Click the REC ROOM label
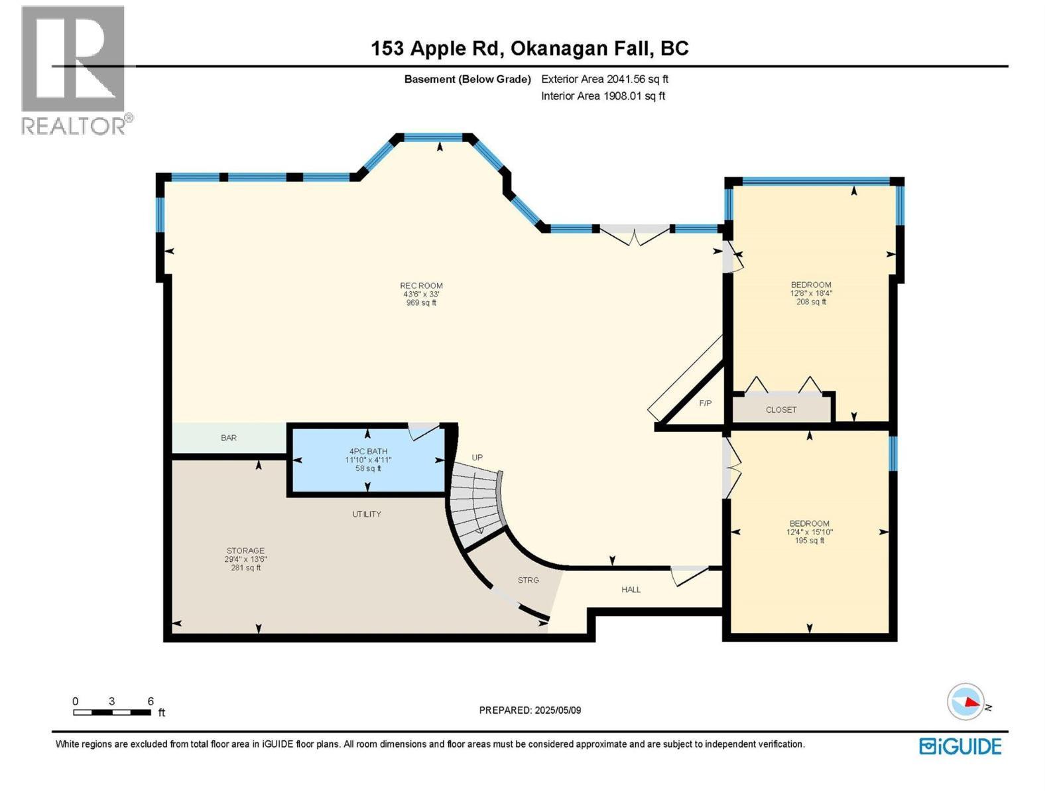421,286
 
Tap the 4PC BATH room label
369,452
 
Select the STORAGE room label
245,551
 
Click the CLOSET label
781,410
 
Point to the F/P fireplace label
706,403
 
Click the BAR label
229,438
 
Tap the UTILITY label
367,514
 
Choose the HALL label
631,590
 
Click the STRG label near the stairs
529,580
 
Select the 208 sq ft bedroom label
811,285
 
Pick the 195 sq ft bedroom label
809,523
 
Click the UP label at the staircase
477,458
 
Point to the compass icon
966,702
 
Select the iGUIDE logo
960,746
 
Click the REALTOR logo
74,70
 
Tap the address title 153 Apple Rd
529,48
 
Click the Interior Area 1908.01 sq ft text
603,96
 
